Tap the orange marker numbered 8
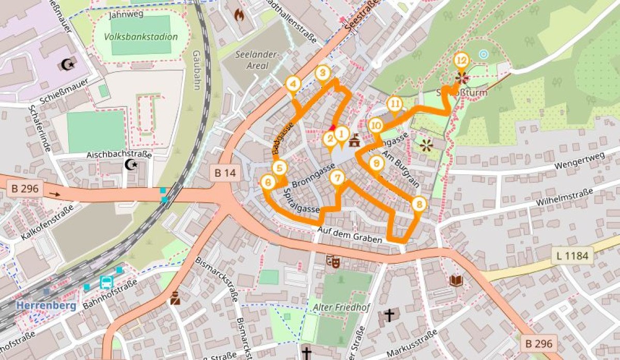pyautogui.click(x=420, y=205)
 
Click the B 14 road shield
pyautogui.click(x=225, y=173)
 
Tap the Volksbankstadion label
pyautogui.click(x=141, y=37)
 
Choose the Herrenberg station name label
pyautogui.click(x=46, y=305)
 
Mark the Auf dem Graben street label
pyautogui.click(x=350, y=236)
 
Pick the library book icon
pyautogui.click(x=456, y=280)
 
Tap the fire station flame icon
pyautogui.click(x=239, y=15)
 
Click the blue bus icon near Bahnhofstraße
pyautogui.click(x=106, y=283)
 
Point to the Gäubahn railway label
pyautogui.click(x=196, y=63)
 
